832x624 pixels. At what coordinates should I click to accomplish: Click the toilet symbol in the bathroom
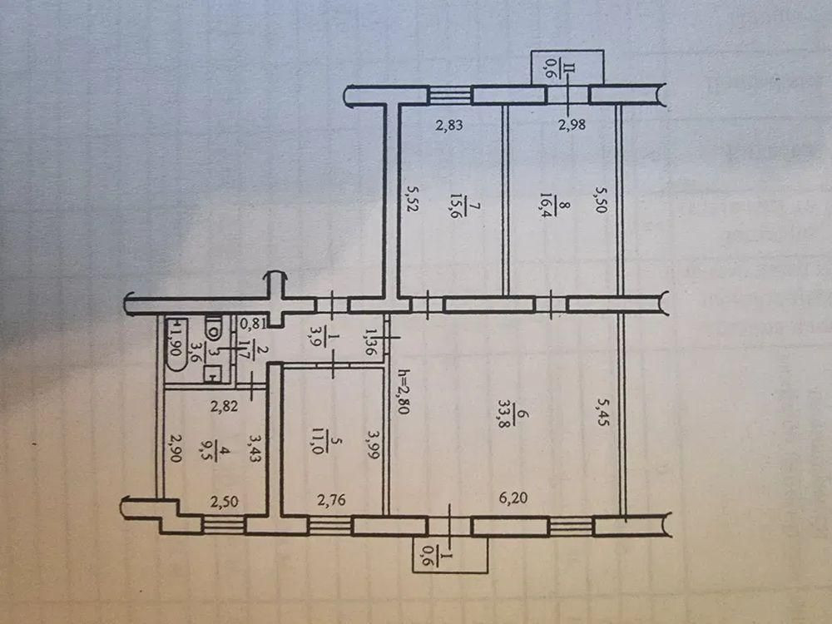tap(214, 329)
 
